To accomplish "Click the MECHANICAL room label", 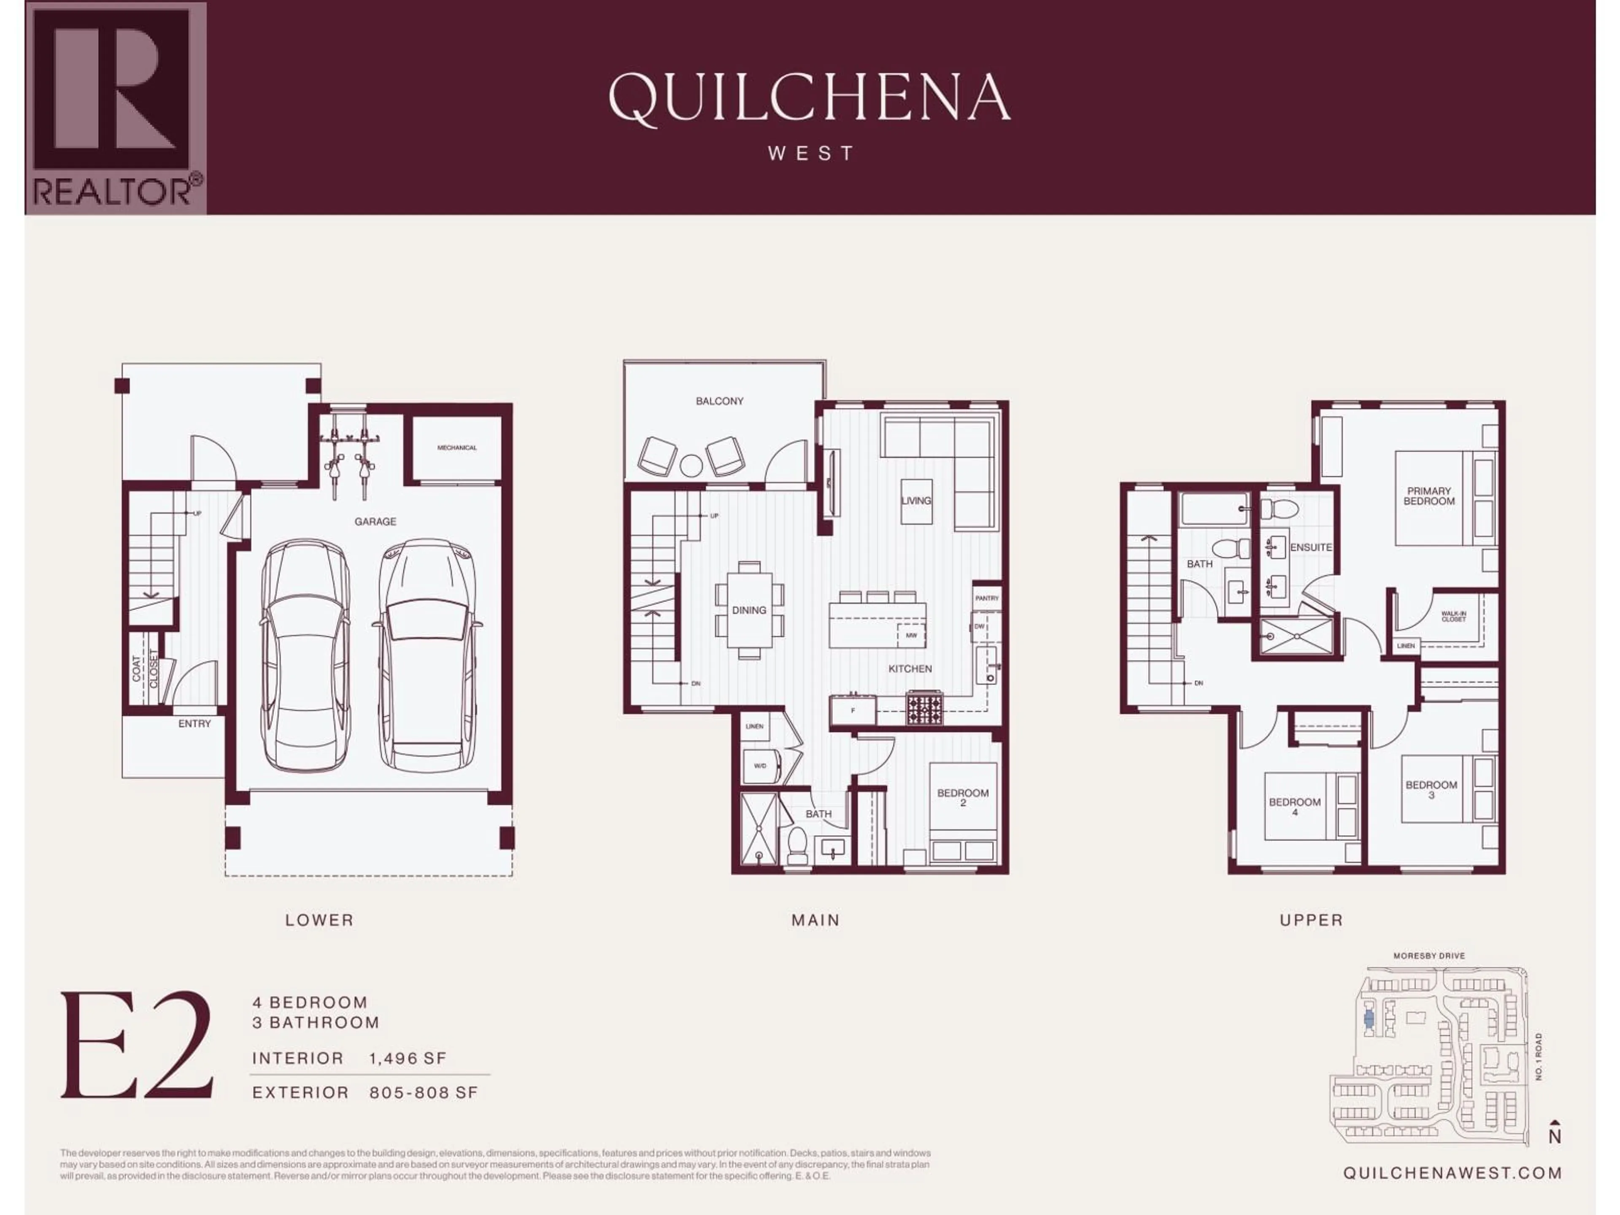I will coord(456,448).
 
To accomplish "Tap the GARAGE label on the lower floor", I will coord(375,521).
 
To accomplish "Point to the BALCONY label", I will coord(719,401).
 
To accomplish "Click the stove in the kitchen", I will coord(925,708).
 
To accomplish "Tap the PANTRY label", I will coord(986,598).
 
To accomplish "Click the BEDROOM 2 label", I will coord(962,797).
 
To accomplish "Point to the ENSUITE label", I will coord(1310,547).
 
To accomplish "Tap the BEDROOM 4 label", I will coord(1294,806).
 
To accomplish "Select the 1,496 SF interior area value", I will coord(407,1058).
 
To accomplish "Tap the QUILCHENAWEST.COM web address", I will coord(1452,1172).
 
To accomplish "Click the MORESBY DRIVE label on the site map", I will coord(1429,956).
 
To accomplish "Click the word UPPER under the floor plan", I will coord(1311,920).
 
